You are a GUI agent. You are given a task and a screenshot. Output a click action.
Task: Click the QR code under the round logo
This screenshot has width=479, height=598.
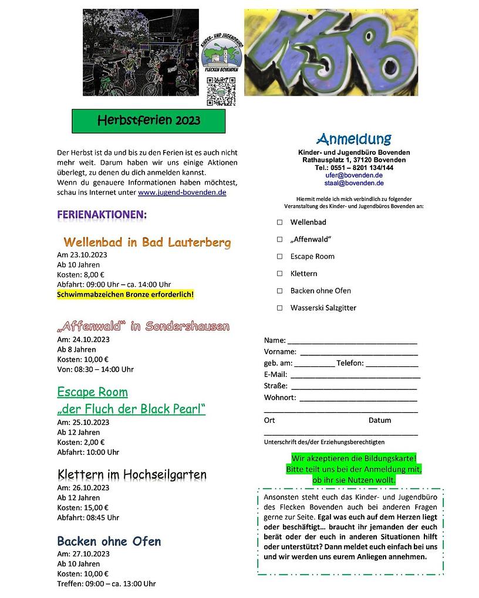pos(221,91)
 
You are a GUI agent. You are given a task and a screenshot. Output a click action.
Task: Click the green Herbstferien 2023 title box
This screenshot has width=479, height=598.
pos(149,121)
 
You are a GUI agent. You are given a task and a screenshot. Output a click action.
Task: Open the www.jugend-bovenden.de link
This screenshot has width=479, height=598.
pos(182,192)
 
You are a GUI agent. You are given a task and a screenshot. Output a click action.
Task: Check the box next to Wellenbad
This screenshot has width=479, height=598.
pos(280,222)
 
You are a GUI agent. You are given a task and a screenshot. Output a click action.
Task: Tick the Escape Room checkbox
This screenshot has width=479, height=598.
pos(280,256)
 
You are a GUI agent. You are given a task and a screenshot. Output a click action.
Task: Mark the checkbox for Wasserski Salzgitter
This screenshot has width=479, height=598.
pos(280,308)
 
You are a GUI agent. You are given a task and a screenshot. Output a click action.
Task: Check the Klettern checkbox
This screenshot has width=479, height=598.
pos(280,273)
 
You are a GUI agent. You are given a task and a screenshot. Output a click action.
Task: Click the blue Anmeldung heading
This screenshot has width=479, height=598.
pos(353,139)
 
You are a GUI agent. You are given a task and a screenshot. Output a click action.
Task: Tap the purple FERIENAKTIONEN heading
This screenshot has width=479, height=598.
pos(102,215)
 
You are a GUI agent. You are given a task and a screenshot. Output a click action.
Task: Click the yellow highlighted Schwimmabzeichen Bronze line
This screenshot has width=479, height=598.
pos(125,294)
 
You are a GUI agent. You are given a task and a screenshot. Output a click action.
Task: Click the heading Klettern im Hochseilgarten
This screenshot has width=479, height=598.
pos(132,474)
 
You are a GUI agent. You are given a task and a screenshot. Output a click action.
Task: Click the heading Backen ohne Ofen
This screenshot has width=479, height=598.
pos(109,541)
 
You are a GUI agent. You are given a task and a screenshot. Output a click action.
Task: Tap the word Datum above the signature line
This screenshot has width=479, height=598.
pos(380,420)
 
